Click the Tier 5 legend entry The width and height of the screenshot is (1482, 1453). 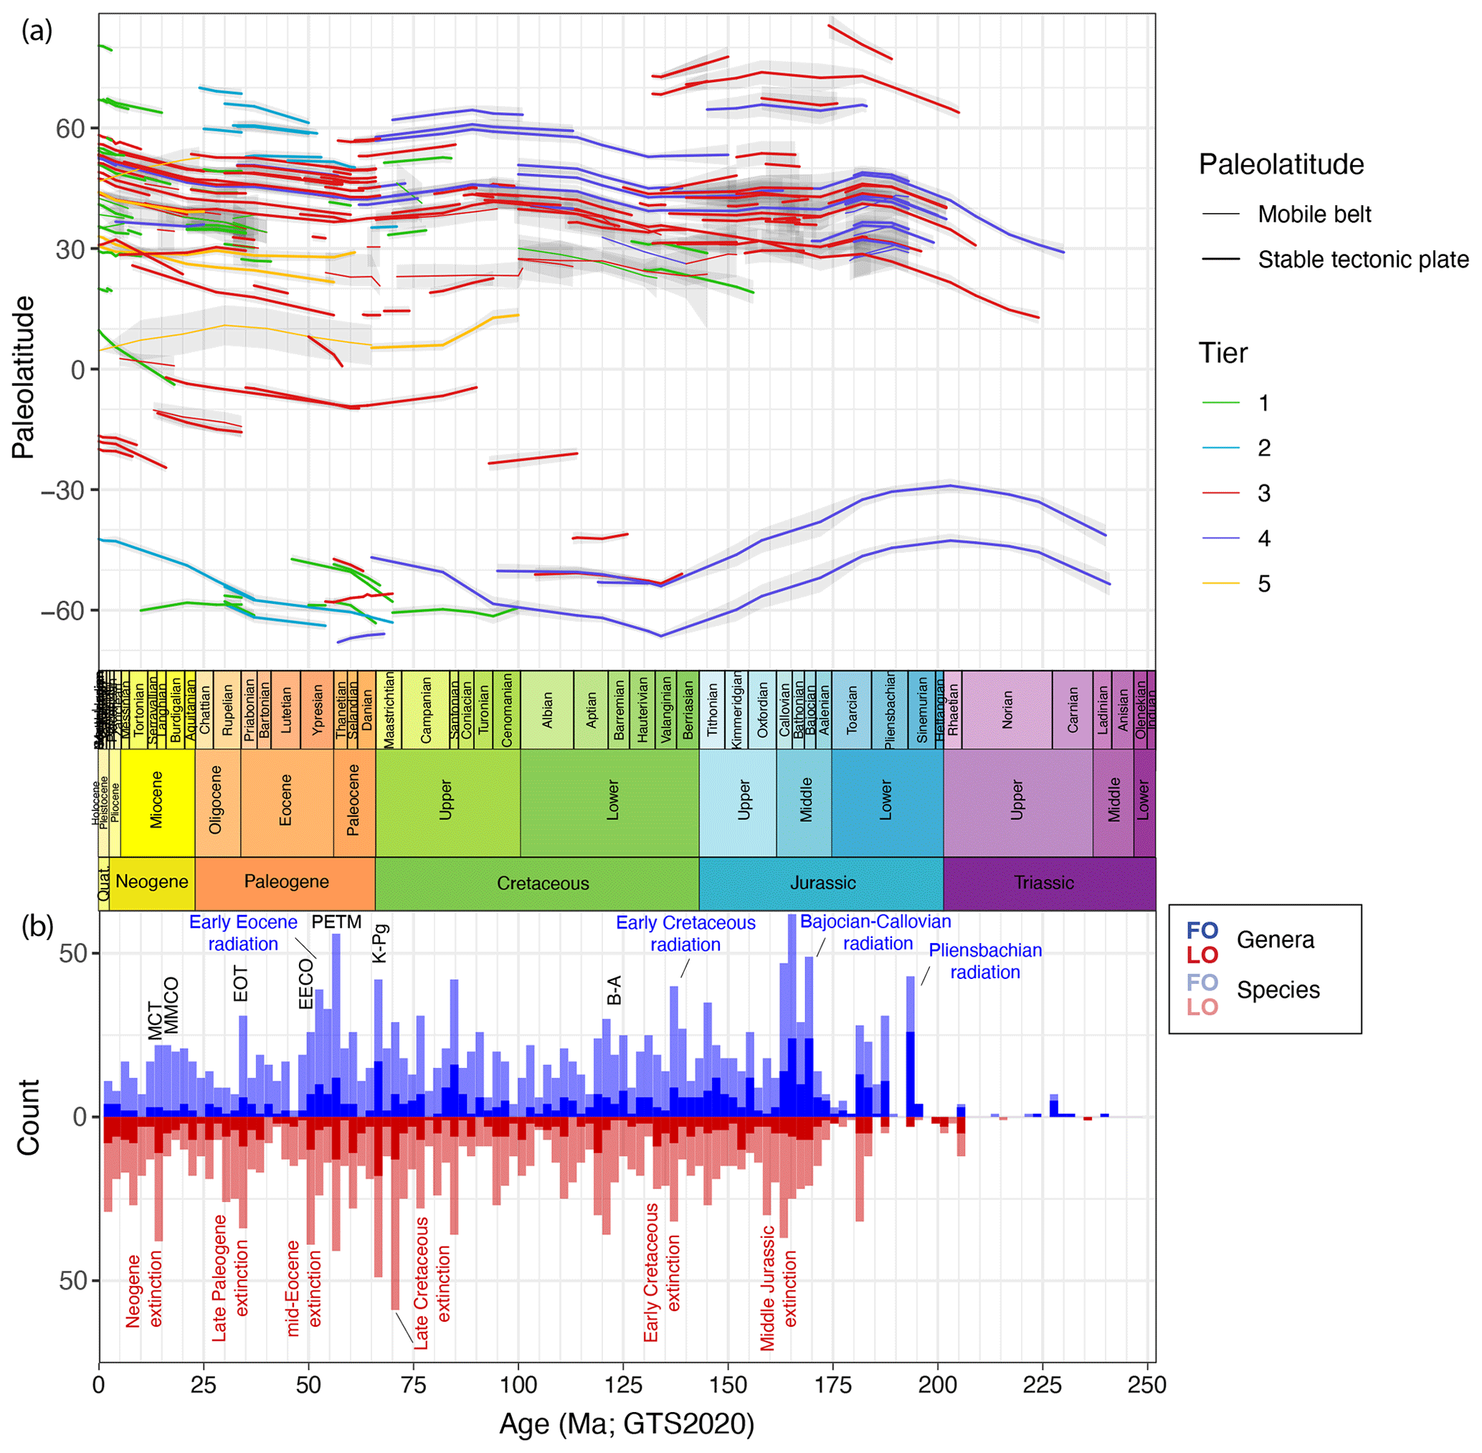[1263, 584]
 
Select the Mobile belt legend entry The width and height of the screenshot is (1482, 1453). [1314, 214]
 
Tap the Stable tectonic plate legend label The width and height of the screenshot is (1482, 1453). [1362, 260]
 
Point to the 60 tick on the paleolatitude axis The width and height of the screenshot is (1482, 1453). [70, 128]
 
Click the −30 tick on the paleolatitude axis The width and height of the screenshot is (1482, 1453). [62, 490]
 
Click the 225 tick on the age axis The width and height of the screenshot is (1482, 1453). [1042, 1384]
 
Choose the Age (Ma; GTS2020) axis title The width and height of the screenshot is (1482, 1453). [626, 1424]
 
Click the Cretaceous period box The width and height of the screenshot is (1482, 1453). [542, 883]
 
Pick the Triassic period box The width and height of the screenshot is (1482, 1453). [1042, 883]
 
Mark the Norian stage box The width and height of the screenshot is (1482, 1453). [1007, 710]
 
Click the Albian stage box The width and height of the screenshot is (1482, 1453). [547, 710]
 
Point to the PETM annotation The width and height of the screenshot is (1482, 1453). [336, 922]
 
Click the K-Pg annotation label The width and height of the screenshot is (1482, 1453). [380, 943]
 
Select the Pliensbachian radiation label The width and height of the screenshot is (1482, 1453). [984, 961]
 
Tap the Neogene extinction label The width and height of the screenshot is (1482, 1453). [144, 1289]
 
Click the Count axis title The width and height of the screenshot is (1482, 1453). [28, 1117]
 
